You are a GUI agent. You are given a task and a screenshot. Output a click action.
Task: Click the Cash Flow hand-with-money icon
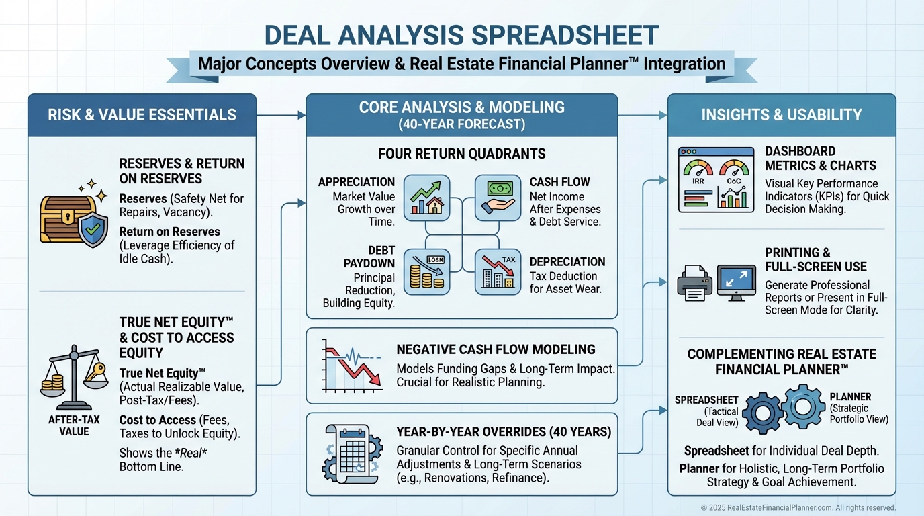(x=498, y=198)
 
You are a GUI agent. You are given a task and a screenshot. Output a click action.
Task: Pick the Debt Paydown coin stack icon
(x=426, y=272)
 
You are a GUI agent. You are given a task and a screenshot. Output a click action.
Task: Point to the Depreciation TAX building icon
(x=498, y=272)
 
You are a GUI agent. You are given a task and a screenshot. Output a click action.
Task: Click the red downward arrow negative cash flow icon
(x=351, y=367)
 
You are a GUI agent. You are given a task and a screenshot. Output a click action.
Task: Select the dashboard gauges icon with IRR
(x=715, y=180)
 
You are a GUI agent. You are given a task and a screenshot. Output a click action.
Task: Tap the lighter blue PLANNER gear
(x=803, y=405)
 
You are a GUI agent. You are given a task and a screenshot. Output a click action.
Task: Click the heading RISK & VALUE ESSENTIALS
(x=142, y=115)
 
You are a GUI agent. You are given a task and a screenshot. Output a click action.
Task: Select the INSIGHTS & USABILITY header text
(x=782, y=115)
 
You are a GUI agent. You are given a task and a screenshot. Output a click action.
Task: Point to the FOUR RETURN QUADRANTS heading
(x=462, y=154)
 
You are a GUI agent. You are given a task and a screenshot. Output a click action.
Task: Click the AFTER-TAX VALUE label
(x=74, y=425)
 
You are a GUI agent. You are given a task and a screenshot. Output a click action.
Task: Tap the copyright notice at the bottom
(x=798, y=508)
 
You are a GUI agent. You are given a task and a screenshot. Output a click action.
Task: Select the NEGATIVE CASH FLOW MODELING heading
(x=496, y=349)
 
